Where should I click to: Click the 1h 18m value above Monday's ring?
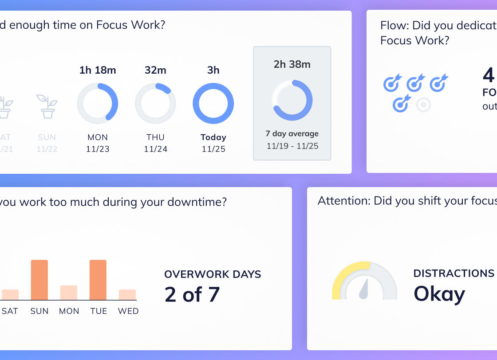(98, 70)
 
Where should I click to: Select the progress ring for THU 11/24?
(155, 103)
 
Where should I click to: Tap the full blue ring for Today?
(213, 103)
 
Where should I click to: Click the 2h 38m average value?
(292, 64)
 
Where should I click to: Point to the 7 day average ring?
(292, 100)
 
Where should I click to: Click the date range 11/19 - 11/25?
(292, 146)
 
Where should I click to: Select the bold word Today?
(213, 137)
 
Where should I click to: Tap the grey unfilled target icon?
(424, 105)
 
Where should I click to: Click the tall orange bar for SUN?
(39, 280)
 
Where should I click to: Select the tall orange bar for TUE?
(98, 280)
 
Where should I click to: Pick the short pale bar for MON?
(69, 293)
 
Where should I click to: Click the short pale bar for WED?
(127, 295)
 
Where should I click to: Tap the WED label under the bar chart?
(128, 311)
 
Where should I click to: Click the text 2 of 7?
(192, 294)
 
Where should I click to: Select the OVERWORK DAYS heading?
(213, 274)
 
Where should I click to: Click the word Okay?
(439, 294)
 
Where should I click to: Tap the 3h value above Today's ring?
(213, 70)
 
